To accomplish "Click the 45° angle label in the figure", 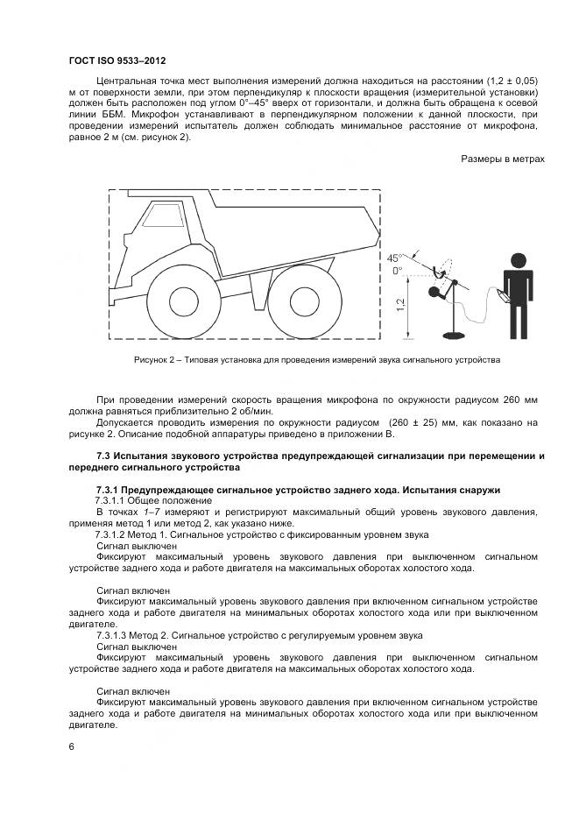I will point(394,258).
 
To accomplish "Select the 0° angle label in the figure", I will point(397,272).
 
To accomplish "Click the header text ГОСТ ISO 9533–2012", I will point(117,61).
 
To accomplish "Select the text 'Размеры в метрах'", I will point(502,159).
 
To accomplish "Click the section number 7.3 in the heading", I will point(102,456).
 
